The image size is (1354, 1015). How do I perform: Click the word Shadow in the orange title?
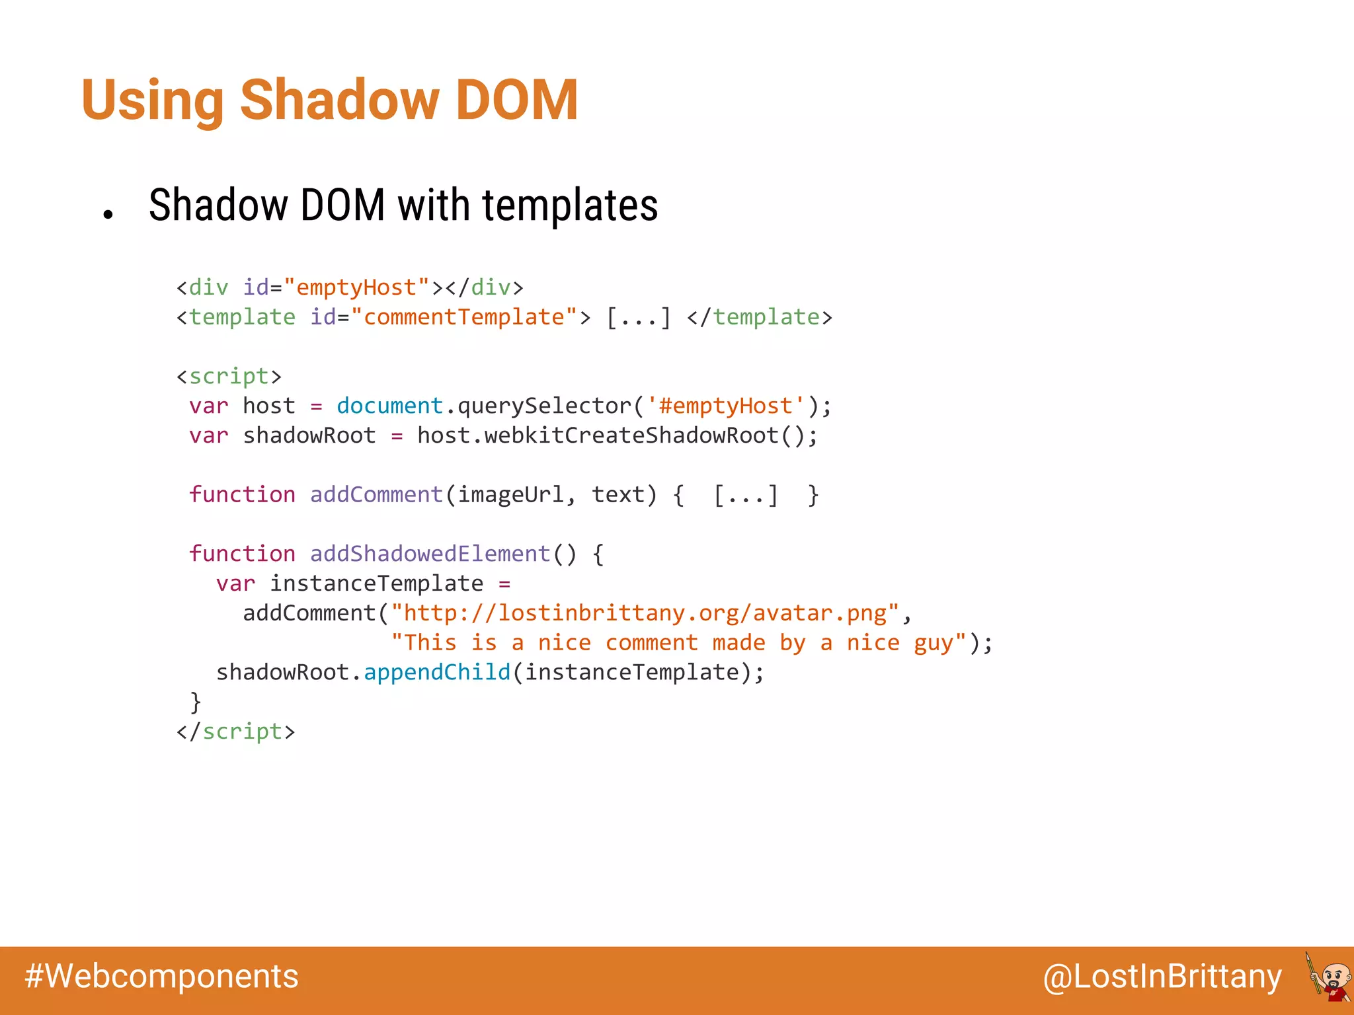(x=340, y=100)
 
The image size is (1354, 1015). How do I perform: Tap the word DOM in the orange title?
(x=516, y=100)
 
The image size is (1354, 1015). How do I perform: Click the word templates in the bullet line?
(x=570, y=206)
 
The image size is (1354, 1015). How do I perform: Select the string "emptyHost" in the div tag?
(x=356, y=287)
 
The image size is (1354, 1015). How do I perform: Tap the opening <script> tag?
(x=229, y=376)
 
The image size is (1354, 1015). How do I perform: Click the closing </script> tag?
(x=235, y=732)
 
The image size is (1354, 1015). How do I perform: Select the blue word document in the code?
(x=389, y=406)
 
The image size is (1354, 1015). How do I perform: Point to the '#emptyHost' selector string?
(x=726, y=406)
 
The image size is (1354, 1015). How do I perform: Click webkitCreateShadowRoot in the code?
(x=631, y=435)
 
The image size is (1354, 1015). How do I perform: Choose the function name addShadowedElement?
(x=430, y=554)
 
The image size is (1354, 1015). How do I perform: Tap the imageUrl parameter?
(x=510, y=495)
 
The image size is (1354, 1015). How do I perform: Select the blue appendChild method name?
(x=437, y=672)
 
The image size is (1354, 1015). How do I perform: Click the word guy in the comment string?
(x=934, y=643)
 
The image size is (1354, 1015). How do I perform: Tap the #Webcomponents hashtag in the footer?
(x=162, y=976)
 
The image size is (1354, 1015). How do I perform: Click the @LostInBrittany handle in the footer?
(x=1162, y=977)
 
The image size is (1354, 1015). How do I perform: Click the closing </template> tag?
(x=760, y=317)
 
